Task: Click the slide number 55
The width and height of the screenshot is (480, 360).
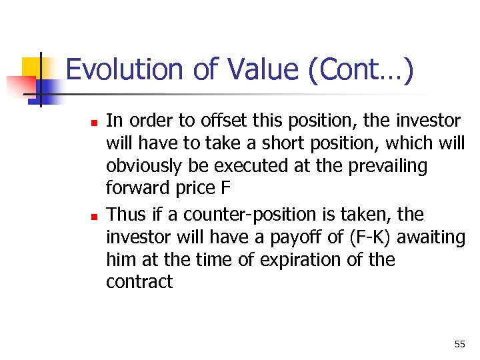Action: point(459,344)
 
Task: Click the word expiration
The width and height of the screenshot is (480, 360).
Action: point(301,260)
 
